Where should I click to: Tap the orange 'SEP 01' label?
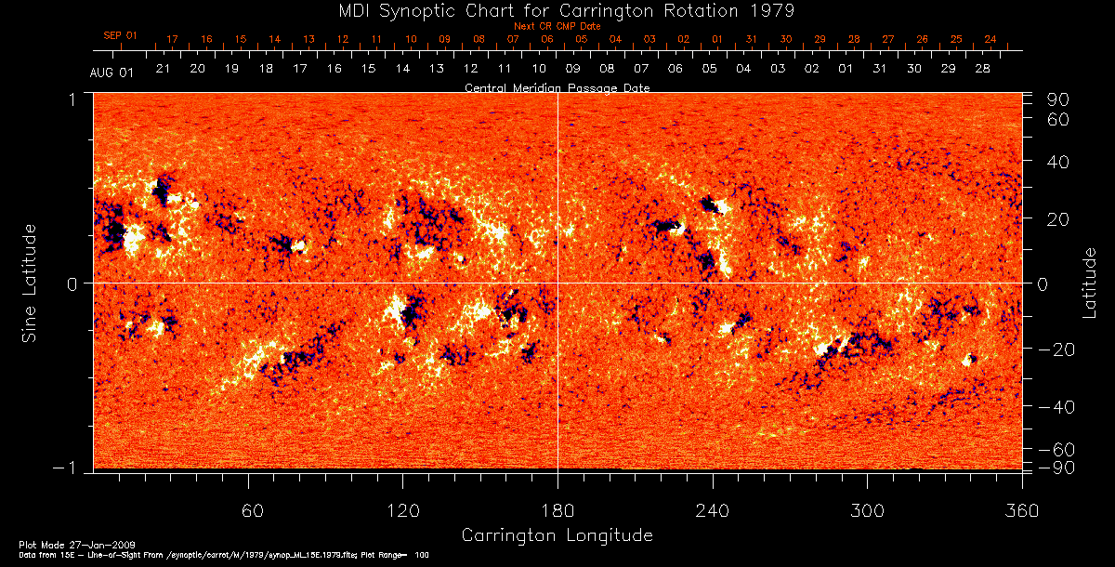pyautogui.click(x=120, y=36)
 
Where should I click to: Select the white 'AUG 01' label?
pyautogui.click(x=111, y=73)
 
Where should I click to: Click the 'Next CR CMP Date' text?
pyautogui.click(x=557, y=26)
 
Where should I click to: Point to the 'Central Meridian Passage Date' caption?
pyautogui.click(x=557, y=87)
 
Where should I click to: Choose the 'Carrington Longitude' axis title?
pyautogui.click(x=557, y=535)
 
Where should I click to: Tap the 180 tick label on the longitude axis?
pyautogui.click(x=557, y=510)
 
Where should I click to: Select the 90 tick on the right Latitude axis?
pyautogui.click(x=1058, y=99)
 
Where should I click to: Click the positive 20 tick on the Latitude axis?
pyautogui.click(x=1058, y=219)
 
